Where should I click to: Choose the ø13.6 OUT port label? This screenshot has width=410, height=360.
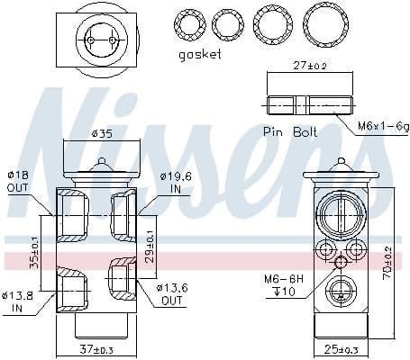[x=174, y=293]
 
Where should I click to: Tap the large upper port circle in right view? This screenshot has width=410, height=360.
[x=340, y=213]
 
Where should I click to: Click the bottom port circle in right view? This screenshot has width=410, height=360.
[x=340, y=290]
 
